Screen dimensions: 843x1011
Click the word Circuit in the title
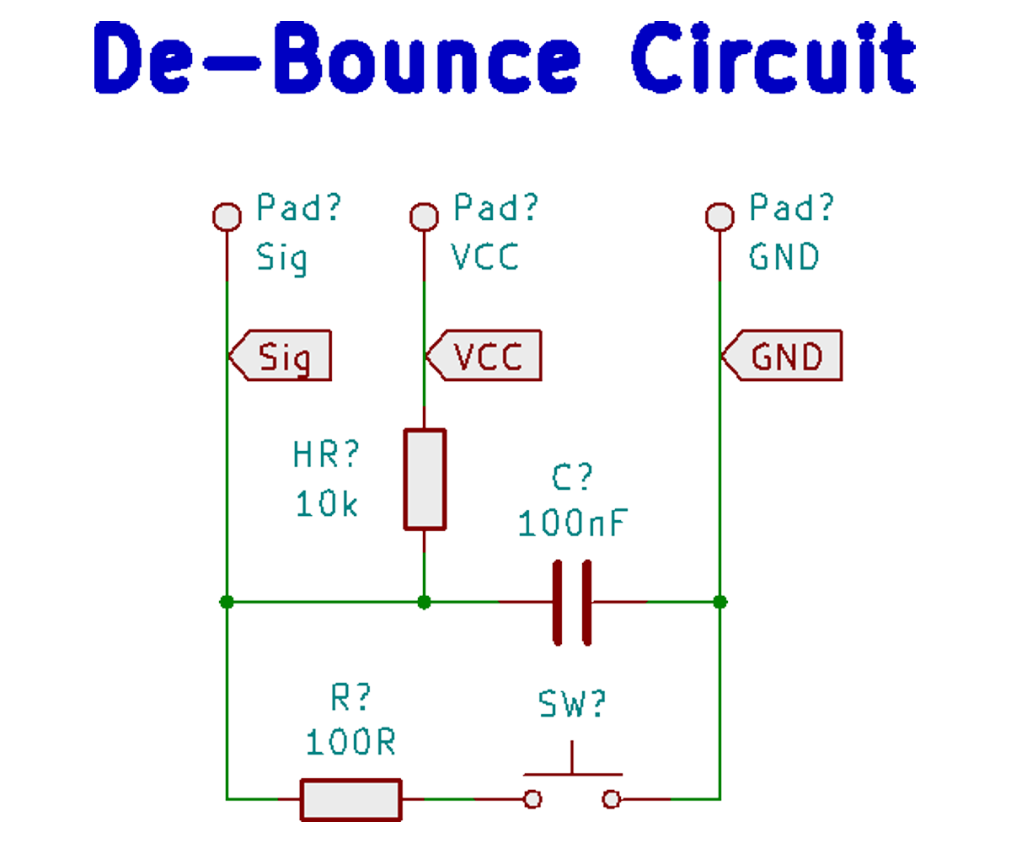(x=773, y=59)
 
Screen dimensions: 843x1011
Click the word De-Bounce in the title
(x=337, y=59)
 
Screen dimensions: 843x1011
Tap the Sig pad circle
(x=226, y=217)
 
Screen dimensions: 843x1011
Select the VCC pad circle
(x=424, y=217)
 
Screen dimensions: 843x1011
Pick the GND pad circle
(x=719, y=217)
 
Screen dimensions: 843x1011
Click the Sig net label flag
(x=281, y=357)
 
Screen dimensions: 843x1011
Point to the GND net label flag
(x=782, y=357)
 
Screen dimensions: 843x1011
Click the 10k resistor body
(x=425, y=479)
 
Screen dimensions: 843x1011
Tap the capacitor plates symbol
(x=572, y=602)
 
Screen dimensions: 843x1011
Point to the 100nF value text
(x=573, y=523)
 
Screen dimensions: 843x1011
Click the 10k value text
(x=327, y=504)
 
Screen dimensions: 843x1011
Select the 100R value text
(x=351, y=743)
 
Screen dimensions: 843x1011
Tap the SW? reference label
(x=573, y=705)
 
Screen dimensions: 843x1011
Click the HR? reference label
(x=327, y=455)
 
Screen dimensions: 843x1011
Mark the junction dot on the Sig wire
(x=226, y=602)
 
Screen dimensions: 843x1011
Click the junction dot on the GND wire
(x=719, y=602)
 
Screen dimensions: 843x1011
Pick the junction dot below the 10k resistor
(x=425, y=602)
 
